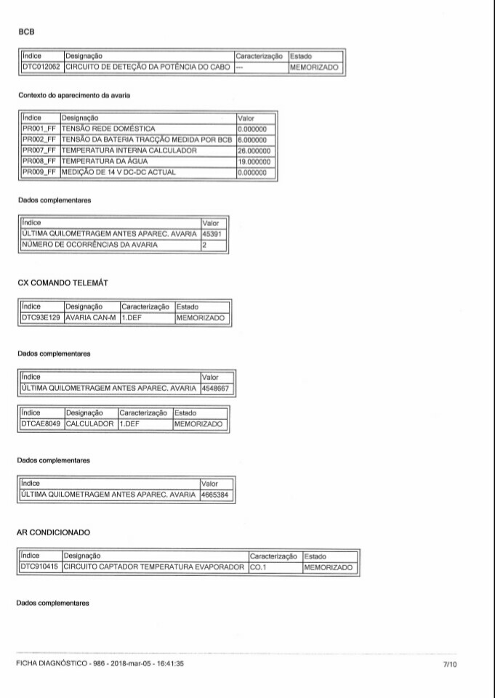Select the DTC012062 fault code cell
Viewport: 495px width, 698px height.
click(41, 68)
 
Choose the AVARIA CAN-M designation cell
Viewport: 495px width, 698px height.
click(92, 318)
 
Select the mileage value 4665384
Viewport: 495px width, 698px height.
click(216, 495)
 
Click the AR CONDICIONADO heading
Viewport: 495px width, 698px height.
click(57, 532)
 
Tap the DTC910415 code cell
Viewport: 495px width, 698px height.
click(40, 567)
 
